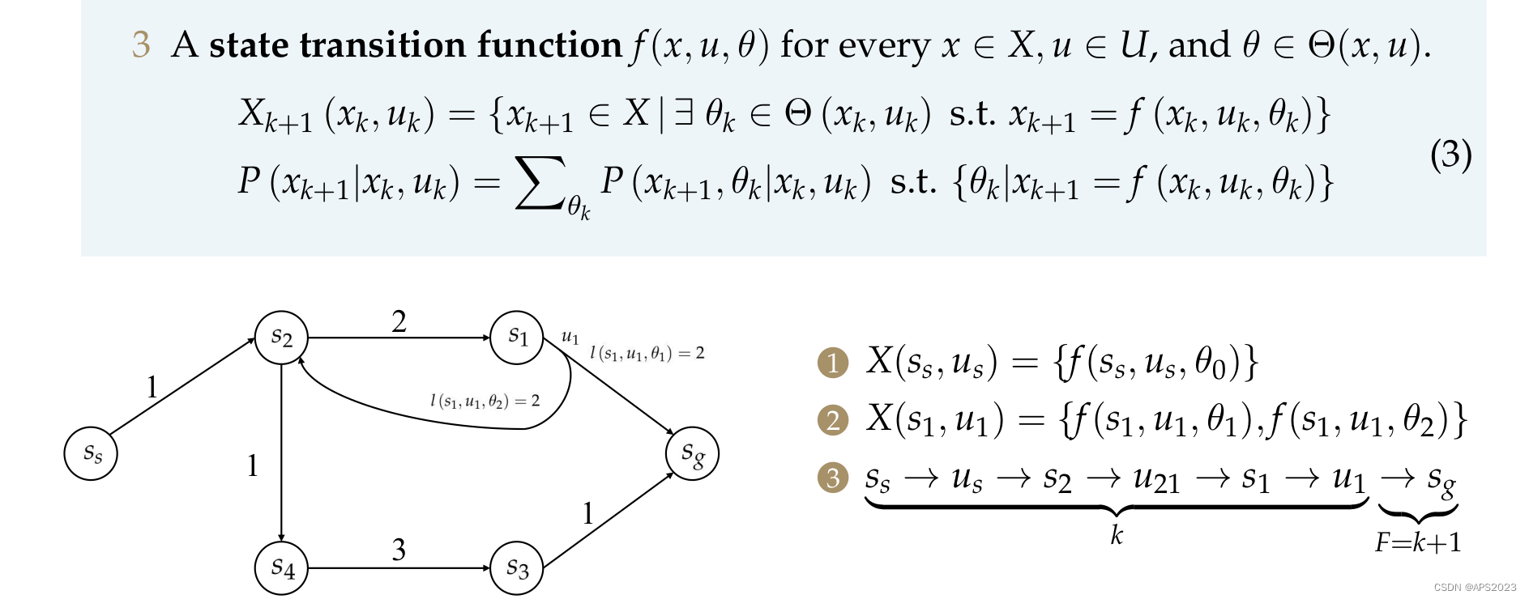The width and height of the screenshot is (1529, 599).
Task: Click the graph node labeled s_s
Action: [x=91, y=453]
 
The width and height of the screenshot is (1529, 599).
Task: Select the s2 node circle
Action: [x=281, y=337]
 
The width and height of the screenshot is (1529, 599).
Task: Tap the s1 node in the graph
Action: [x=517, y=337]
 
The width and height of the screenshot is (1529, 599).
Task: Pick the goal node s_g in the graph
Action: [x=692, y=453]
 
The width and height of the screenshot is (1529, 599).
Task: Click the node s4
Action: [x=281, y=568]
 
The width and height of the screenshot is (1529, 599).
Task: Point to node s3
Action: [x=517, y=568]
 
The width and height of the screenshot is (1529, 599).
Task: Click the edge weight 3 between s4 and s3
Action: [x=399, y=550]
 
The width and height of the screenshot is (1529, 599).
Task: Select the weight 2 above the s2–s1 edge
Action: [x=399, y=321]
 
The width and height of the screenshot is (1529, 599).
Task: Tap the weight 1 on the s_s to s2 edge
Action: [x=152, y=388]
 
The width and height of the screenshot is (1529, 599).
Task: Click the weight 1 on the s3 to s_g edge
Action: [x=587, y=513]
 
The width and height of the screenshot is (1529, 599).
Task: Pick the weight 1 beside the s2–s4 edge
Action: [x=253, y=465]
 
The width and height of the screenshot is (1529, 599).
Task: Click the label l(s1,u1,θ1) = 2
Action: [x=647, y=353]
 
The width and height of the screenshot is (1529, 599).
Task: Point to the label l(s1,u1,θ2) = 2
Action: [x=485, y=401]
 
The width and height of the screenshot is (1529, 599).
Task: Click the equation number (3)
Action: [x=1450, y=154]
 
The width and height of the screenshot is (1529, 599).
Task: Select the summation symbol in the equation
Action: [x=539, y=184]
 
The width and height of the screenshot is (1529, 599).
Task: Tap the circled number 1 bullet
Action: [x=833, y=363]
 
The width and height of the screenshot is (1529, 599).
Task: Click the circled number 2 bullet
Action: [x=833, y=420]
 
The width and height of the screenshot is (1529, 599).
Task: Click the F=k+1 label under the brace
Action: [x=1418, y=542]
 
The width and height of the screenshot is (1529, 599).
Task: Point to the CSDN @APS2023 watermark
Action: [x=1475, y=587]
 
